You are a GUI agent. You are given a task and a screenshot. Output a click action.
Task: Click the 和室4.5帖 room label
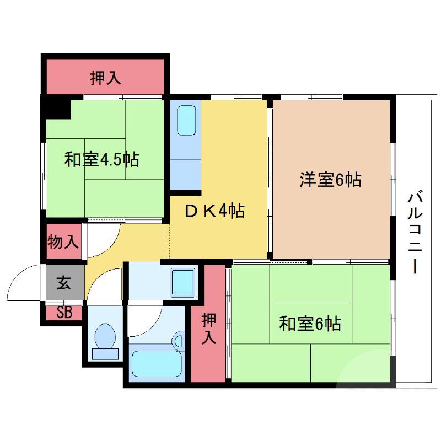point(101,160)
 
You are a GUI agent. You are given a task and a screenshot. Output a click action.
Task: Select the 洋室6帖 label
point(330,179)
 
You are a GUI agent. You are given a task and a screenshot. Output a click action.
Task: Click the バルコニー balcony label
point(416,232)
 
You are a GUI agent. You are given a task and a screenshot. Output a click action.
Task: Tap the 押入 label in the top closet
point(105,79)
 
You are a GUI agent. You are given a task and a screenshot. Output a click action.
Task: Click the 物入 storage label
point(63,241)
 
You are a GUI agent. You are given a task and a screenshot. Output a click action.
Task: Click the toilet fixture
point(105,342)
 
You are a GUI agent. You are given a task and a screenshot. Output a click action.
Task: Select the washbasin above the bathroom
point(184,282)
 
